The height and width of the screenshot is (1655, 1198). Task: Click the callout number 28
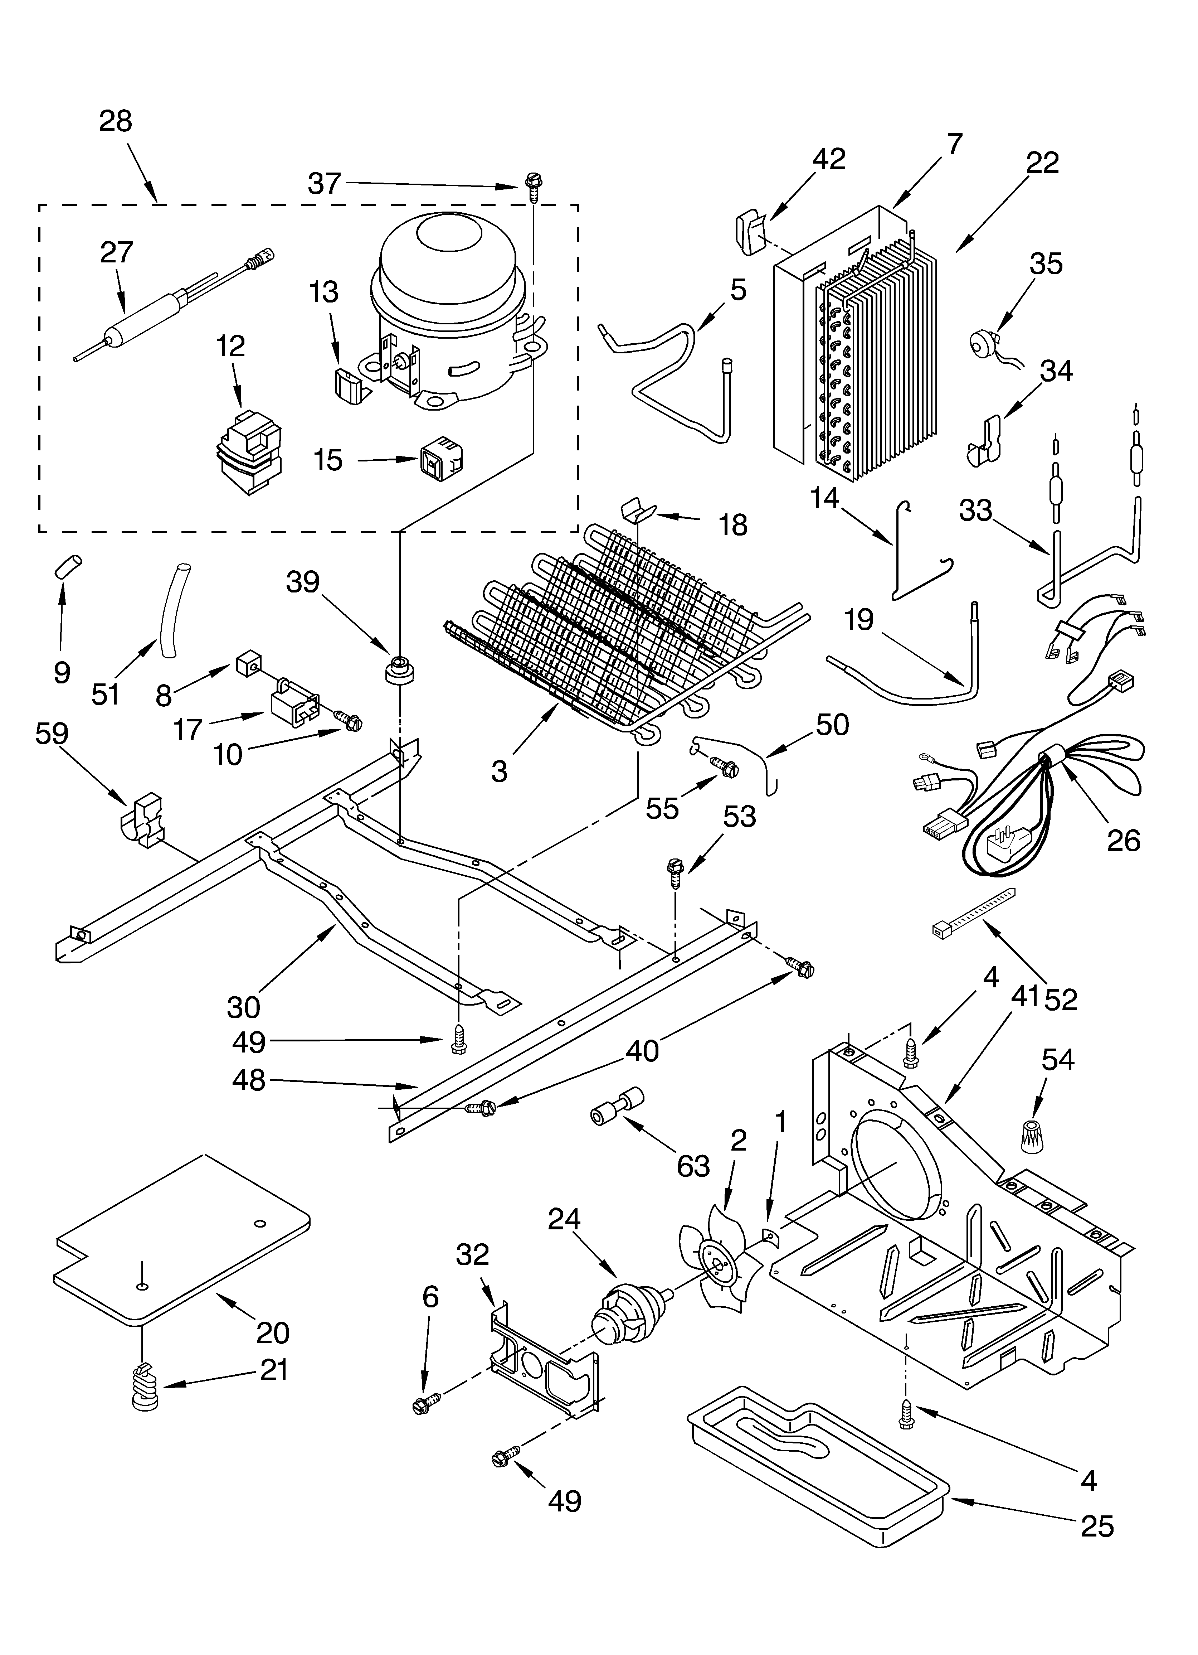point(115,121)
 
